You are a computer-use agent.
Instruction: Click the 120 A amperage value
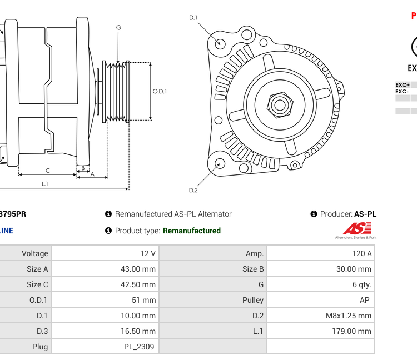(361, 253)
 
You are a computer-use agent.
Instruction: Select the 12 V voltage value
(147, 253)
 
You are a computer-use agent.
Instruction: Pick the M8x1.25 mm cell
(349, 316)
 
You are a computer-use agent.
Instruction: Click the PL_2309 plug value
(139, 347)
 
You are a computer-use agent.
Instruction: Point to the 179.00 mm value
(351, 331)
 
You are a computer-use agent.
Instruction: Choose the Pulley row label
(253, 300)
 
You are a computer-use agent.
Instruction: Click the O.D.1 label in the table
(38, 300)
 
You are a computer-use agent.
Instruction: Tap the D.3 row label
(42, 331)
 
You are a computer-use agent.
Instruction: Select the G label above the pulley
(118, 28)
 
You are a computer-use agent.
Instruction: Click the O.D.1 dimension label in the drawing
(160, 92)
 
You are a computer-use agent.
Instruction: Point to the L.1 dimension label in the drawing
(44, 184)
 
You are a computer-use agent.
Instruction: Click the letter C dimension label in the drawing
(48, 171)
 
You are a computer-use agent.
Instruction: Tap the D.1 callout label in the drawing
(193, 18)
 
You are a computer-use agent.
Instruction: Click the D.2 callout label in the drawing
(193, 190)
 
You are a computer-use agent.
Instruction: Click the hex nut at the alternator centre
(280, 104)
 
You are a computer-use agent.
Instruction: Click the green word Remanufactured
(191, 231)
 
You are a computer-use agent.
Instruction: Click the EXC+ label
(402, 85)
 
